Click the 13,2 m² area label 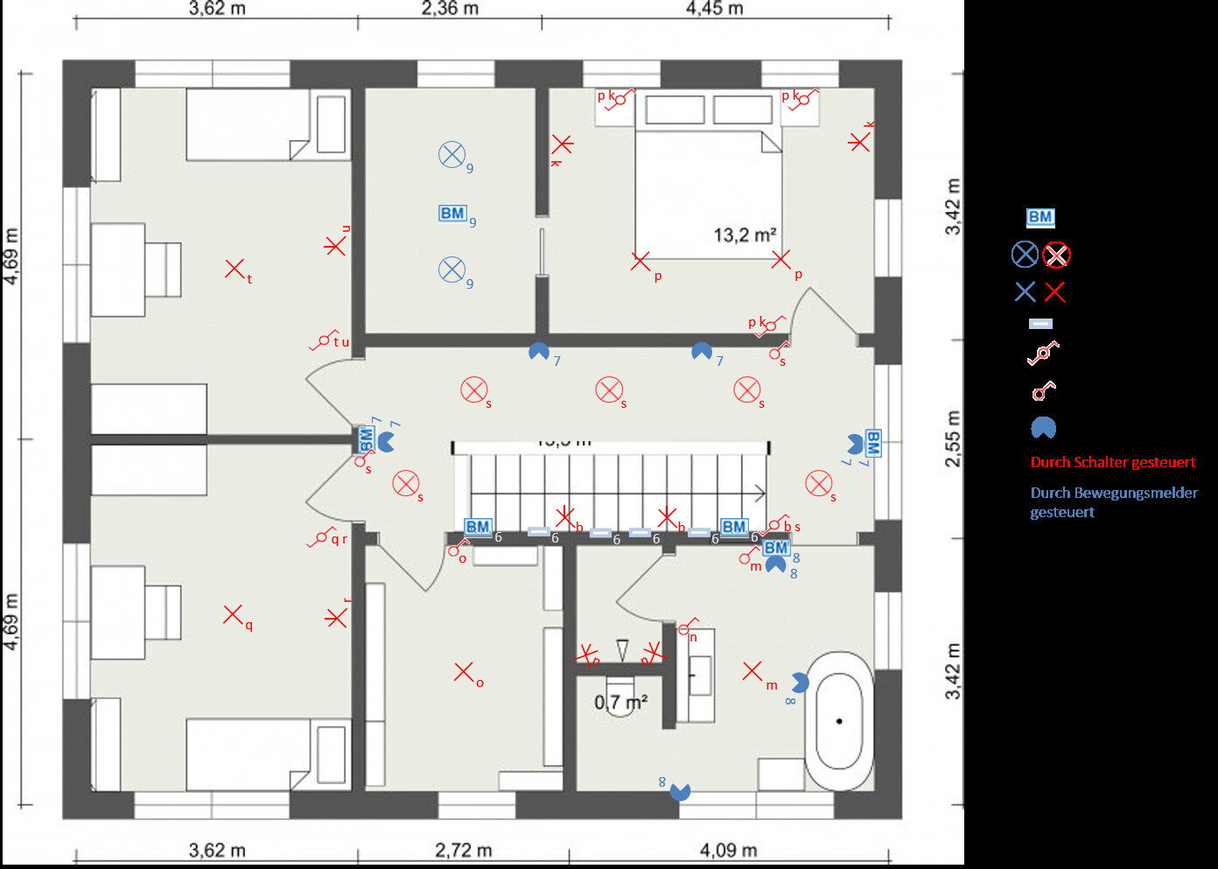(x=745, y=235)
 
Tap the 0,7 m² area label (x=620, y=702)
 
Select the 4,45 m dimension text (x=714, y=9)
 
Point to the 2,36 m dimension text (x=450, y=9)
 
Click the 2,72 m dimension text (x=463, y=850)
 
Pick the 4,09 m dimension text (x=728, y=850)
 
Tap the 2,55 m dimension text (x=953, y=438)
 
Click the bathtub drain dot (x=839, y=721)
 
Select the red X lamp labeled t (x=234, y=269)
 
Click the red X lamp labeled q (x=232, y=614)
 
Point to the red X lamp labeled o (x=463, y=671)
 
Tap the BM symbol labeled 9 (x=452, y=213)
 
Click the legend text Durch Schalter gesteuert (x=1112, y=462)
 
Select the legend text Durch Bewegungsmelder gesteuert (x=1113, y=501)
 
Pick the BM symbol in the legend (x=1040, y=217)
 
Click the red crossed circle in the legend (x=1057, y=255)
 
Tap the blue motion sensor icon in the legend (x=1043, y=428)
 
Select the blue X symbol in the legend (x=1025, y=292)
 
